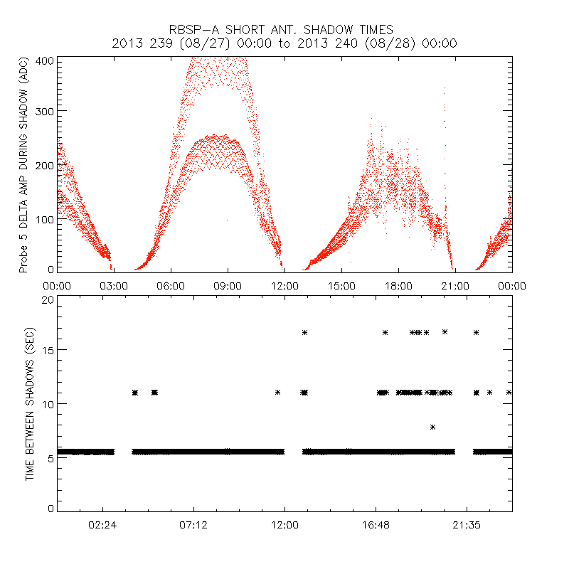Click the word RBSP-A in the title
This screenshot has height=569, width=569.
point(193,30)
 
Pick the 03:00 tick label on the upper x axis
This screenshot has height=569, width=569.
point(114,286)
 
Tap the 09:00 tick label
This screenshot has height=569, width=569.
point(228,286)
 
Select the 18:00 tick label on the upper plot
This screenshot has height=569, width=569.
point(398,286)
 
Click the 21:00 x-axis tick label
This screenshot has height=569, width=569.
point(455,286)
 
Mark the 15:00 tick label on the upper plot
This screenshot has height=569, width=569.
point(341,286)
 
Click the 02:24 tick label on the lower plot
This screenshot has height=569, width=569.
point(102,525)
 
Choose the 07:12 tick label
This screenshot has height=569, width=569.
point(193,525)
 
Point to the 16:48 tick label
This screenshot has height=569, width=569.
point(376,525)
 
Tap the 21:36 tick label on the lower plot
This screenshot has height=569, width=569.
point(467,525)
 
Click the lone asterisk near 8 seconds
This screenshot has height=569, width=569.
point(432,427)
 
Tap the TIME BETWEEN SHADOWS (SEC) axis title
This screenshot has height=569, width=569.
point(30,404)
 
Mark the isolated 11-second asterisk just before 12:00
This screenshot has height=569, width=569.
point(278,392)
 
